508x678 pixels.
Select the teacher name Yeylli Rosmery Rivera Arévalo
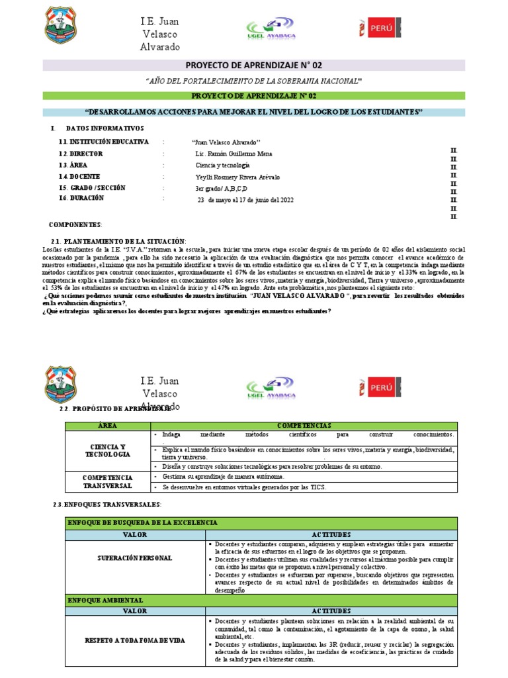tap(238, 176)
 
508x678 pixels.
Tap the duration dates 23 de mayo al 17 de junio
tap(245, 199)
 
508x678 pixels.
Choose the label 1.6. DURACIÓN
tap(82, 198)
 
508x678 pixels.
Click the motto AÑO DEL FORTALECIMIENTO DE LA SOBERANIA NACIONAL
tap(254, 80)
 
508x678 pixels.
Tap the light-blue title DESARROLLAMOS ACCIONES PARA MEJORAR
tap(254, 112)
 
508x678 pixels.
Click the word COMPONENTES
tap(75, 224)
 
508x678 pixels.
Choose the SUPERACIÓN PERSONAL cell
tap(135, 558)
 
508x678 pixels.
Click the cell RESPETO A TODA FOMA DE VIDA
tap(135, 640)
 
